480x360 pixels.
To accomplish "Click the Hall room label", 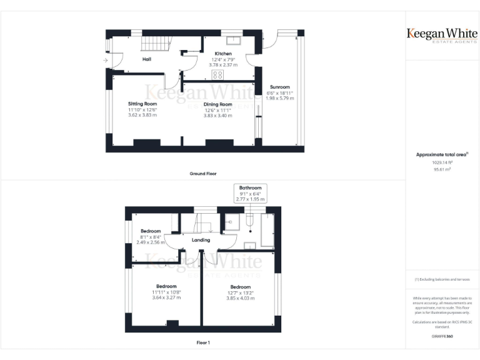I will coord(147,59).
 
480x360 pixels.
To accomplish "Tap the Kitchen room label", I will coord(223,54).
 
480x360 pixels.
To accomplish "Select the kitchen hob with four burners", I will coord(217,74).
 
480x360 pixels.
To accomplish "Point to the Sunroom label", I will coord(279,87).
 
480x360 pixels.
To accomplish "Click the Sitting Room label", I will coord(142,104).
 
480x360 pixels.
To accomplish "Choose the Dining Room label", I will coord(217,104).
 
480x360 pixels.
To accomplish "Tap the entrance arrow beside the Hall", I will coord(105,61).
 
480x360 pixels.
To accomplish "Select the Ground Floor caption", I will coord(203,173).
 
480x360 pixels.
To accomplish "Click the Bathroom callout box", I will coord(250,193).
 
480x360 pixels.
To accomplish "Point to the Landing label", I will coord(201,240).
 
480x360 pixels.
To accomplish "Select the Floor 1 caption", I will coord(203,342).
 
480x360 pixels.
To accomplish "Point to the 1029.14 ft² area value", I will coord(442,162).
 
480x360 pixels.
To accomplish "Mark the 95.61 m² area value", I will coord(442,169).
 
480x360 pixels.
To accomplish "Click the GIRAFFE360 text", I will coord(442,336).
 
